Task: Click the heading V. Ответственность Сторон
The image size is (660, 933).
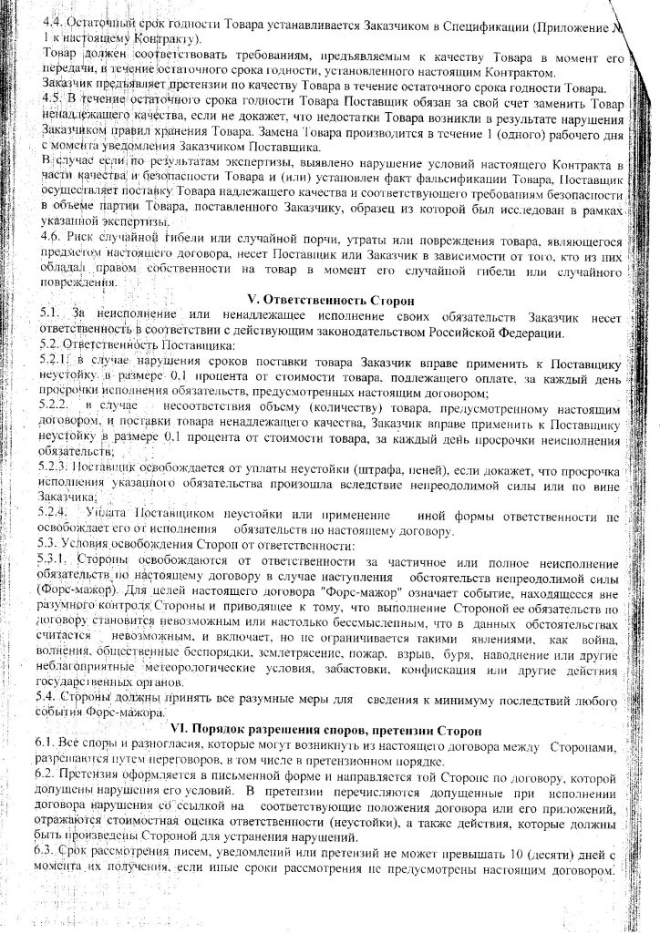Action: [333, 299]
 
